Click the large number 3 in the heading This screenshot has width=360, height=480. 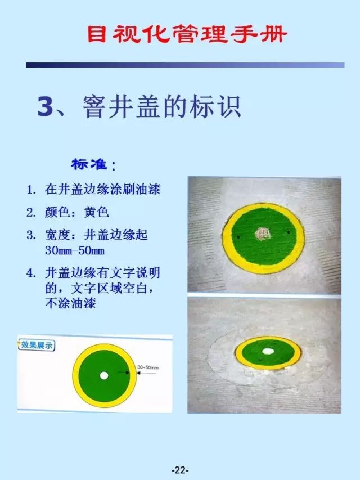click(45, 107)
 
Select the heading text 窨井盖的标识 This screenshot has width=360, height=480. click(162, 107)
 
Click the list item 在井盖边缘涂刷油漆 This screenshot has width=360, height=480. click(103, 189)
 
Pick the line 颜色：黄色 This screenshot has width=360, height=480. click(76, 212)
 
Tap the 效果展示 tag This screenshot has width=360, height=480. click(37, 344)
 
